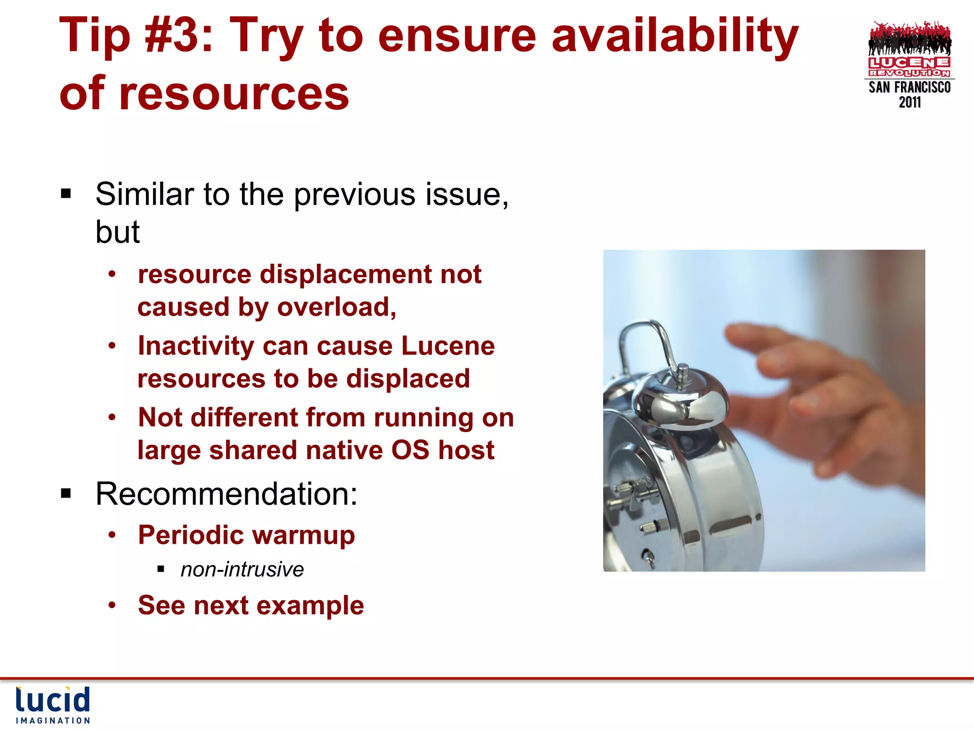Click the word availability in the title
pos(674,36)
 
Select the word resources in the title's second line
pos(234,93)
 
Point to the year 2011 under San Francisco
pos(909,103)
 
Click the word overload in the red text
pos(336,307)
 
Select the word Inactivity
pos(195,346)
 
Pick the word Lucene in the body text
pos(448,346)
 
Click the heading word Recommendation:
pos(226,494)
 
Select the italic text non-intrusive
pos(242,569)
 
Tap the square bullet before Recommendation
pos(66,494)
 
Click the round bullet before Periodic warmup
pos(112,535)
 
